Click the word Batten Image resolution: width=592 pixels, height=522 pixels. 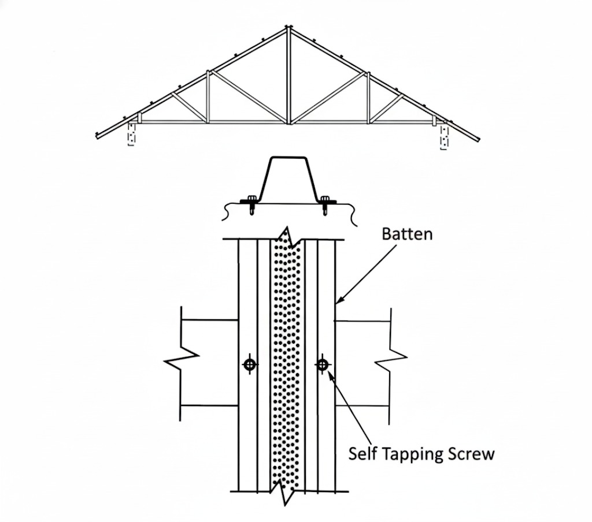pos(408,234)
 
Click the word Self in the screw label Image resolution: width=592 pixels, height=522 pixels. pos(363,453)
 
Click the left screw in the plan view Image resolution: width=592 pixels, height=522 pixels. pos(250,364)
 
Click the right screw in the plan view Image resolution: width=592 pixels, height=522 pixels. pos(322,364)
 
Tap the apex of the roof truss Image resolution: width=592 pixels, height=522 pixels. pos(288,27)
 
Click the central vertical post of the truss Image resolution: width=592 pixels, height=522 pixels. pos(288,75)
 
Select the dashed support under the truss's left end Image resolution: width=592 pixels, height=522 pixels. pos(131,134)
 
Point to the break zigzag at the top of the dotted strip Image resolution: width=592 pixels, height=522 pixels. pos(286,236)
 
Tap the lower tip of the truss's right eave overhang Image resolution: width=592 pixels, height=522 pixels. pos(479,140)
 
